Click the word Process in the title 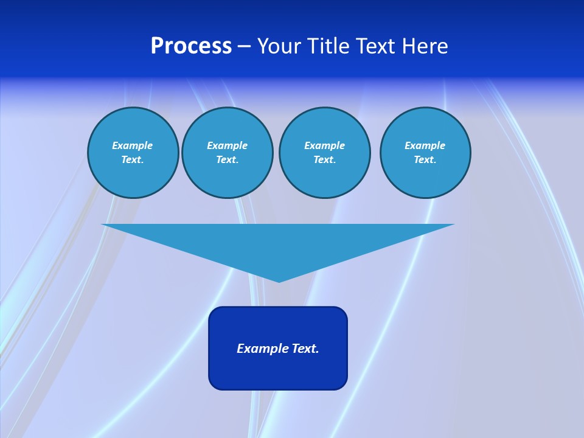[x=191, y=46]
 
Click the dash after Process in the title [x=245, y=47]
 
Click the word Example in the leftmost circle [x=133, y=145]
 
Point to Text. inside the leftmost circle [x=133, y=159]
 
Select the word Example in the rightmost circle [x=425, y=145]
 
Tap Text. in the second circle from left [x=228, y=159]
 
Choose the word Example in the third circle [x=325, y=145]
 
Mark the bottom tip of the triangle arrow [x=279, y=280]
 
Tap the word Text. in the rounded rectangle [x=305, y=349]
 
